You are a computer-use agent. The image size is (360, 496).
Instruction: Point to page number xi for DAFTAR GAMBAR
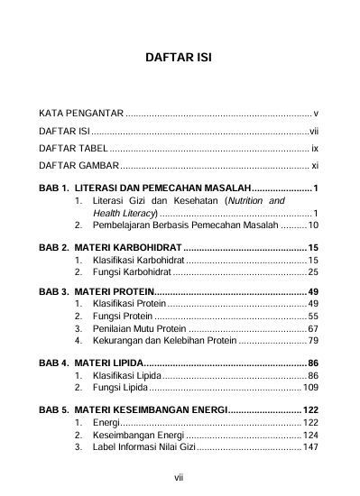click(314, 166)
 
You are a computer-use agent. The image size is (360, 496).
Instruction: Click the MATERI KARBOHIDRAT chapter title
click(127, 248)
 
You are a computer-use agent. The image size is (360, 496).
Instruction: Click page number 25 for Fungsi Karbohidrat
click(312, 271)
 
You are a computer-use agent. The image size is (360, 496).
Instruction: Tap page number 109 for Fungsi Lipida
click(309, 388)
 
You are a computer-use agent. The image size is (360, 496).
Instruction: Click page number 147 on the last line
click(309, 446)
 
